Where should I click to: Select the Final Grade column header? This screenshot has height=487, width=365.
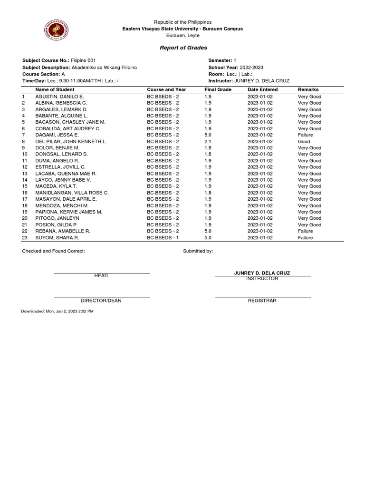218,89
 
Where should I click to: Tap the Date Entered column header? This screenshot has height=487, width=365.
262,89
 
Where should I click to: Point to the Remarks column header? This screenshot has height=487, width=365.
308,89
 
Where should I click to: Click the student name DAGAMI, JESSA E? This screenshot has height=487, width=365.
57,135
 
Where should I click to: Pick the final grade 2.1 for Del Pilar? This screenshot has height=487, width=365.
208,141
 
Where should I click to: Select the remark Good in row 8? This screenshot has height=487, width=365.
304,141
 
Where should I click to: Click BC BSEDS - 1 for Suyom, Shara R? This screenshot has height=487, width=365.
163,238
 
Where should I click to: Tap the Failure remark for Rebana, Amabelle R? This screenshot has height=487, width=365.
305,231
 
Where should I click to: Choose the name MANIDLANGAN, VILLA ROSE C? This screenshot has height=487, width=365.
72,193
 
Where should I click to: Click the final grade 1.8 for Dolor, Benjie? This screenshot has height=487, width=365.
208,148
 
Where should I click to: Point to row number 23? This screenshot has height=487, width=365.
25,238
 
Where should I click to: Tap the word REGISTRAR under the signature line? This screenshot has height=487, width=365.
262,301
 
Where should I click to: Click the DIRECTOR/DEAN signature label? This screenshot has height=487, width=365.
101,301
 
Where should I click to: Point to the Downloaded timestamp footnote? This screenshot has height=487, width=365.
58,311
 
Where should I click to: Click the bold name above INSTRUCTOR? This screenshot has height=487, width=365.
262,273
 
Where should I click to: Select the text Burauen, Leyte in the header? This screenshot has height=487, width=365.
183,35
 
